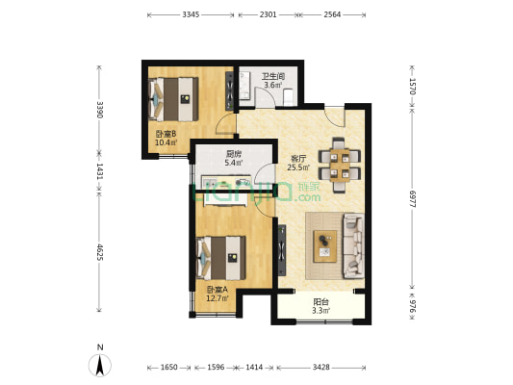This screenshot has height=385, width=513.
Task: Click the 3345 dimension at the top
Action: coord(191,14)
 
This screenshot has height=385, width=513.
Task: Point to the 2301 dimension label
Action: coord(268,14)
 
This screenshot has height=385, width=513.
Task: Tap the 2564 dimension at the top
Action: coord(332,14)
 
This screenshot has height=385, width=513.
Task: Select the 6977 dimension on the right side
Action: coord(412,198)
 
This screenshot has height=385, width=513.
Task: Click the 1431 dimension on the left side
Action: coord(100,171)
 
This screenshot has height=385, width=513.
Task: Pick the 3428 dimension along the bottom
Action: coord(321,368)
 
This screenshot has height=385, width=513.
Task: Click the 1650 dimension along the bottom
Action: coord(168,368)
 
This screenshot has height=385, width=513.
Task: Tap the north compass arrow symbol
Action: coord(100,365)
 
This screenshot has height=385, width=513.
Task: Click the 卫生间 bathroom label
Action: coord(273,77)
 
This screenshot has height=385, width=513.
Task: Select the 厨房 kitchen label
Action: coord(234,154)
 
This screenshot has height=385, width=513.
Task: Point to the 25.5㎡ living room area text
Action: coord(298,167)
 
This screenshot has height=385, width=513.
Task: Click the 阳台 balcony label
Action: coord(321,301)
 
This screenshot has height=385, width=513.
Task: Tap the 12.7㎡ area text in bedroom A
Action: coord(218,298)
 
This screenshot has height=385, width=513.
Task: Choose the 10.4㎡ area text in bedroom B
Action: coord(167,142)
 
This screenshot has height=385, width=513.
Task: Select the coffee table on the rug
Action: coord(325,246)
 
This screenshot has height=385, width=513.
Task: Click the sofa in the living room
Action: coord(353,246)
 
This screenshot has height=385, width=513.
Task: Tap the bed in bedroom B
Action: coord(173,99)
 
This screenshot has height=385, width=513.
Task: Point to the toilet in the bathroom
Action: coord(288,96)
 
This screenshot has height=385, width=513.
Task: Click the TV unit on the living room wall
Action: coord(282,250)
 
